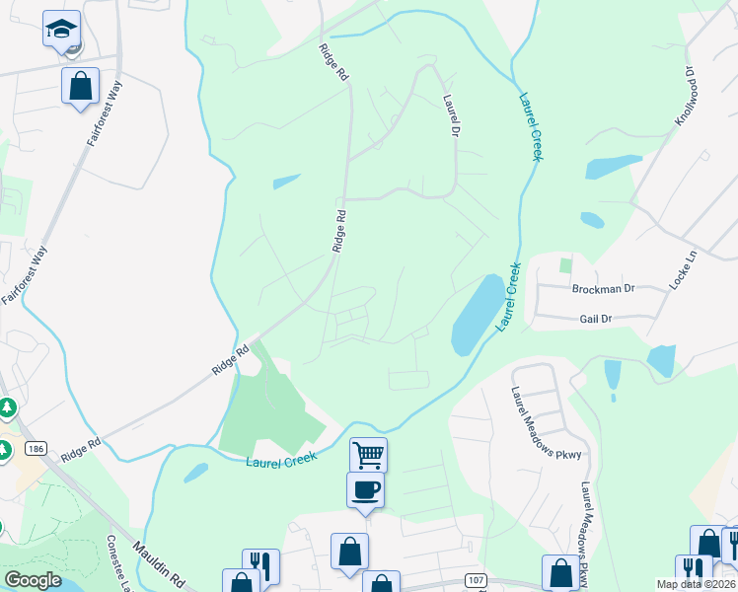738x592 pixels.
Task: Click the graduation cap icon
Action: coord(61,30)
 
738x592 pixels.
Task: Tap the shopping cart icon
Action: coord(368,455)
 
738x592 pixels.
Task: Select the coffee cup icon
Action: coord(364,490)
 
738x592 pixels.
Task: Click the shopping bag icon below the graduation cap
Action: coord(81,85)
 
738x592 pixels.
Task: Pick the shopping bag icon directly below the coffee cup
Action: coord(349,552)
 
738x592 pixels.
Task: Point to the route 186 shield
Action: coord(36,449)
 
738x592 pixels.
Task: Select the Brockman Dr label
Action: coord(603,289)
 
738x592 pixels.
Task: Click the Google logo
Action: coord(34,580)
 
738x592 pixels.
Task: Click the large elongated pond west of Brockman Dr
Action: coord(477,315)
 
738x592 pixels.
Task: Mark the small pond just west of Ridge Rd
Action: coord(286,182)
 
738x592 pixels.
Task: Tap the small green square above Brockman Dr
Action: coord(565,264)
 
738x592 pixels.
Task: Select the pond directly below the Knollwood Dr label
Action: coord(614,167)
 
